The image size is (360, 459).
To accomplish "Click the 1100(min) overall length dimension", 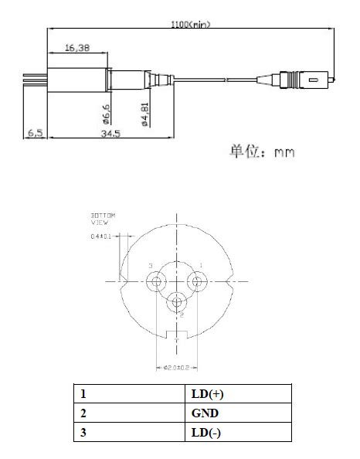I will (x=191, y=24).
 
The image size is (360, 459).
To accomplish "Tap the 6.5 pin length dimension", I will (x=36, y=133).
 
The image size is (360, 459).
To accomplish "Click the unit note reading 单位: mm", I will (x=260, y=151).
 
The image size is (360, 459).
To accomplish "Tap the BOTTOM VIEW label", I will (x=102, y=218).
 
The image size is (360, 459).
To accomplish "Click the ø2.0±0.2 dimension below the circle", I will (x=177, y=367).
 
